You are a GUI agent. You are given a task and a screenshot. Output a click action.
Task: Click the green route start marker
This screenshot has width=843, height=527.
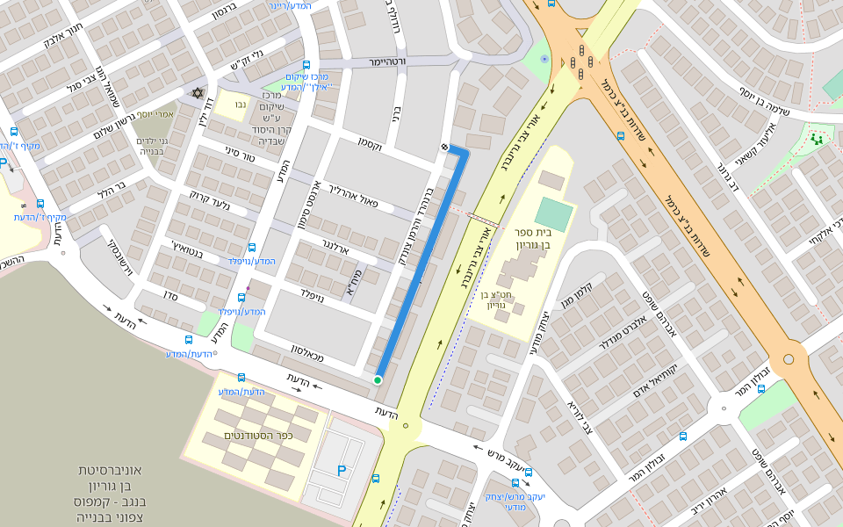pyautogui.click(x=378, y=379)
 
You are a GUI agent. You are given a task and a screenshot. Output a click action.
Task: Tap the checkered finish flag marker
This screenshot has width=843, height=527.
pyautogui.click(x=444, y=147)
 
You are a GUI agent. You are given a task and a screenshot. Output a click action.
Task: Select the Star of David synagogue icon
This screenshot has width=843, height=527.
pyautogui.click(x=198, y=93)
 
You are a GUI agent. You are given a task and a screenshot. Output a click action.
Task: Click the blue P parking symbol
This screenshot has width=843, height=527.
pyautogui.click(x=342, y=471)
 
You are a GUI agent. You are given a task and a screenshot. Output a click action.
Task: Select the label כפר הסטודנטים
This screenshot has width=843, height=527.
pyautogui.click(x=257, y=436)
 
